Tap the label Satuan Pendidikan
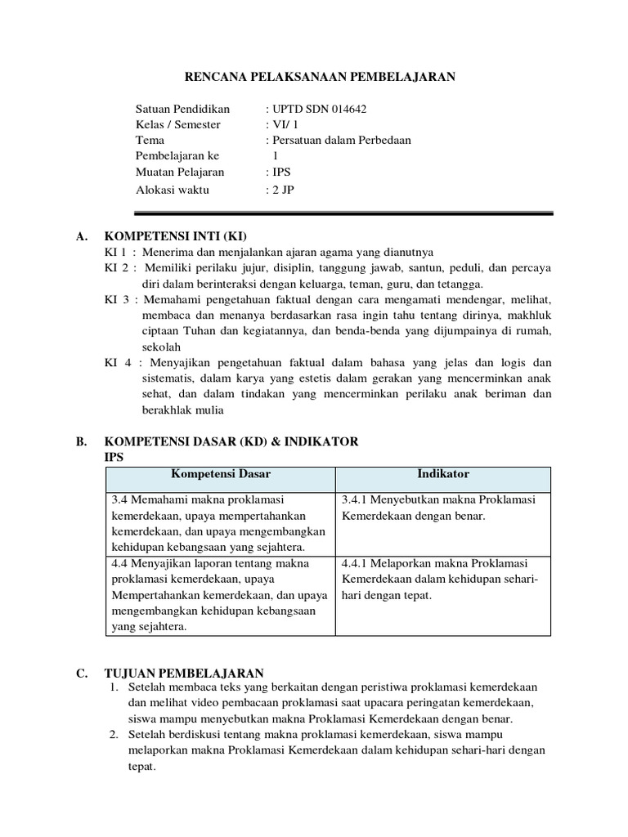[182, 109]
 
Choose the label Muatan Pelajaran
[179, 172]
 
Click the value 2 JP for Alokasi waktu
[283, 190]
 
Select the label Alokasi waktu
[172, 190]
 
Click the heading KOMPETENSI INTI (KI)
[170, 236]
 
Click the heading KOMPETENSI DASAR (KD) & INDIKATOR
[231, 441]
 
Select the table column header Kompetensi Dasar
[220, 473]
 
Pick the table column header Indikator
[443, 473]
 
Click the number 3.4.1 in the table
[357, 499]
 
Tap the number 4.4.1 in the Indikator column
[357, 563]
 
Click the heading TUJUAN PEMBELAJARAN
[184, 673]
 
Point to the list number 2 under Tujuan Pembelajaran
[115, 736]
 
